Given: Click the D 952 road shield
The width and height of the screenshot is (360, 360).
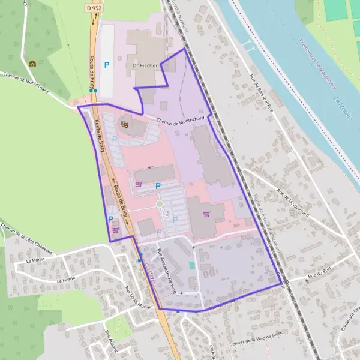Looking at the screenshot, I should [92, 8].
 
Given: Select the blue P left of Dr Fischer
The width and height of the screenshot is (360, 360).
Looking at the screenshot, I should [107, 64].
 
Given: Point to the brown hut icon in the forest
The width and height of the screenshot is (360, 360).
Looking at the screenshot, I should [32, 64].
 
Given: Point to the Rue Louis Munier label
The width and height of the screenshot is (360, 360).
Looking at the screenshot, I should [132, 296].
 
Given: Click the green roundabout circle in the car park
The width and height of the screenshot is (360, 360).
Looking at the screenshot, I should [160, 205].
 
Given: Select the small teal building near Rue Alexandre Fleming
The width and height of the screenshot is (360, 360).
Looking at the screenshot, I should [192, 265].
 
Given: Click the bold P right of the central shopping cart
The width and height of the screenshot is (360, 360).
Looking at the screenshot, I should [158, 186].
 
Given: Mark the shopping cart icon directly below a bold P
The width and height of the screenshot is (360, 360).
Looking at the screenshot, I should [115, 230].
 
